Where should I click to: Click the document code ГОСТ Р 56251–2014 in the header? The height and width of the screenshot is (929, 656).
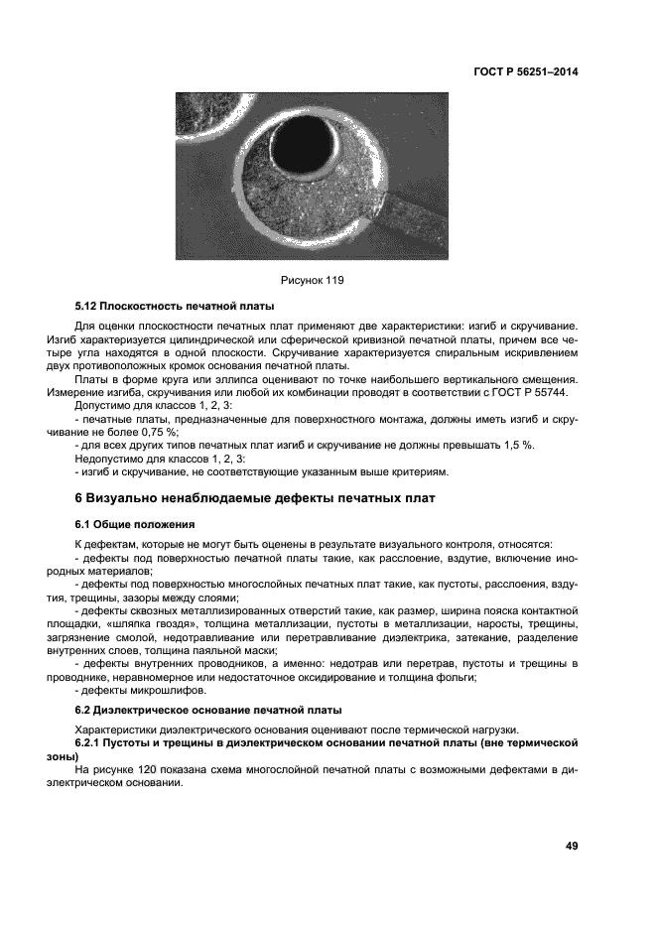pos(525,72)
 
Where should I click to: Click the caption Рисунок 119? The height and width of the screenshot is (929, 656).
pos(312,281)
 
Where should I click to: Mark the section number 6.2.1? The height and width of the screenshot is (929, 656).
pos(92,742)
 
